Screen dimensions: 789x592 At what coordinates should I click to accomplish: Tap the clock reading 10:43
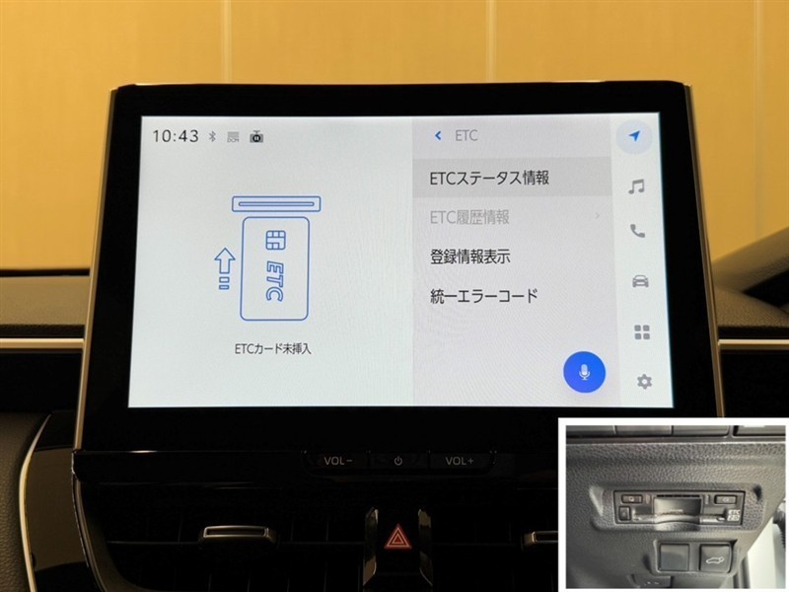pyautogui.click(x=176, y=136)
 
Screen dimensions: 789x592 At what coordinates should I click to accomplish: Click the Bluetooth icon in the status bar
pyautogui.click(x=212, y=136)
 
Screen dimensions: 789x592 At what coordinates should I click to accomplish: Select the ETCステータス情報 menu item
pyautogui.click(x=489, y=178)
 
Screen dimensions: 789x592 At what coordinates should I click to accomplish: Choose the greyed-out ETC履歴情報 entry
pyautogui.click(x=469, y=217)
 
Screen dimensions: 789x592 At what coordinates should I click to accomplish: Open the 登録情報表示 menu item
pyautogui.click(x=470, y=257)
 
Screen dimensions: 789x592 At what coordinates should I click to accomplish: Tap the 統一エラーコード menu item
pyautogui.click(x=484, y=296)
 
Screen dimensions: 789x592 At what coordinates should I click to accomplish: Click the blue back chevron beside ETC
pyautogui.click(x=438, y=135)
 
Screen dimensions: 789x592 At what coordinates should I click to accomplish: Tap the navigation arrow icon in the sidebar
pyautogui.click(x=635, y=136)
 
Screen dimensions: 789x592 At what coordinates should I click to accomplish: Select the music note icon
pyautogui.click(x=636, y=186)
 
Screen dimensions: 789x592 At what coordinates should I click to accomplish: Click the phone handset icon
pyautogui.click(x=637, y=231)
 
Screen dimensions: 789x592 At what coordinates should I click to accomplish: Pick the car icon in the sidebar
pyautogui.click(x=640, y=281)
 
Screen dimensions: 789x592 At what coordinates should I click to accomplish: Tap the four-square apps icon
pyautogui.click(x=642, y=333)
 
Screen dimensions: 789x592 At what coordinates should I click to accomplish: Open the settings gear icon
pyautogui.click(x=644, y=382)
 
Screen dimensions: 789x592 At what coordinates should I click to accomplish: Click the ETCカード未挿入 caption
pyautogui.click(x=273, y=349)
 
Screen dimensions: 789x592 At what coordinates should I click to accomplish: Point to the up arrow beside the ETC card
pyautogui.click(x=225, y=268)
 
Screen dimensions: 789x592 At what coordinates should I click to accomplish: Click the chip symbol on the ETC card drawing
pyautogui.click(x=276, y=240)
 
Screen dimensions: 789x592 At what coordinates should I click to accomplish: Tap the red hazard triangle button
pyautogui.click(x=398, y=537)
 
